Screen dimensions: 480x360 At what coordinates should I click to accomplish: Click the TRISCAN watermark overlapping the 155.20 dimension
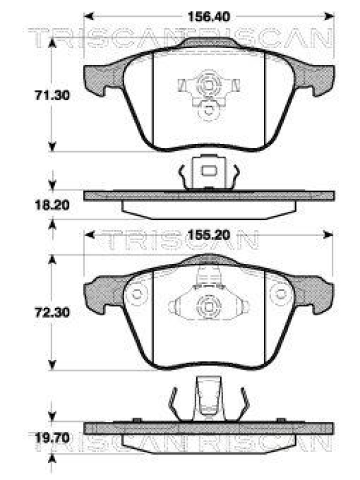pos(180,241)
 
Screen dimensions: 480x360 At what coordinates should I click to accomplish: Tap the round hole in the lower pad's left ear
pos(138,295)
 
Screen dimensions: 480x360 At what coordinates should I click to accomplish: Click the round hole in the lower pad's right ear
pos(280,295)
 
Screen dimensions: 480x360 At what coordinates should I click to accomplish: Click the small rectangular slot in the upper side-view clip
pos(208,172)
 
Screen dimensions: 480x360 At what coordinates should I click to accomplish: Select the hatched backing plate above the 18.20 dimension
pos(208,196)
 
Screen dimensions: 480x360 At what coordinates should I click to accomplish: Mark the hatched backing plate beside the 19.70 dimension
pos(208,428)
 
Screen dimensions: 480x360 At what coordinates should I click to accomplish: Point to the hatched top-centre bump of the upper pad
pos(208,43)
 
